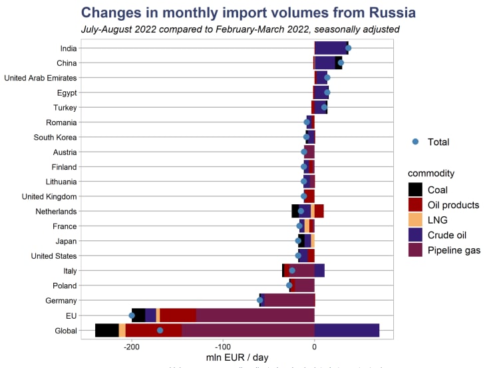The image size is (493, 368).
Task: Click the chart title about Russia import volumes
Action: coord(247,13)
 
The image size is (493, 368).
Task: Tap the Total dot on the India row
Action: coord(348,48)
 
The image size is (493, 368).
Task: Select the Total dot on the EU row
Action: coord(132,315)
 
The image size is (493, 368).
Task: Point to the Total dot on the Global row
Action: coord(160,330)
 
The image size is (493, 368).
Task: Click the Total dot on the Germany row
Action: coord(260,300)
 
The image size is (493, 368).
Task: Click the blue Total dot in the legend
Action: coord(415,142)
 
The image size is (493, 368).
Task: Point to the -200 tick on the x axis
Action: coord(132,346)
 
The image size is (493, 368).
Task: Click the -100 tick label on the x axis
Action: coord(223,346)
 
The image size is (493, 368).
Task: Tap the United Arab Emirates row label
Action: coord(41,78)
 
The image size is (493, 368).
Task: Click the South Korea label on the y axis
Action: coord(55,137)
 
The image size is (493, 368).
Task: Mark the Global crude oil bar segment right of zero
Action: coord(347,330)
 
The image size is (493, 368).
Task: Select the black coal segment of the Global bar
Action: coord(107,330)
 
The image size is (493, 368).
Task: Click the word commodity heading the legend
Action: coord(431,173)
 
